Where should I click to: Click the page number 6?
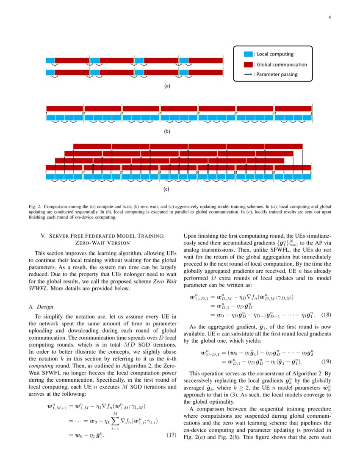click(330, 17)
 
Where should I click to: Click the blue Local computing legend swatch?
click(248, 54)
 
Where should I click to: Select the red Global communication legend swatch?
click(248, 65)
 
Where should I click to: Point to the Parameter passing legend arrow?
click(248, 75)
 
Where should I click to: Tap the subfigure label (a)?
click(167, 86)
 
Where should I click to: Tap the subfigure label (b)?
click(167, 131)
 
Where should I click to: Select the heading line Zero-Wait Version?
click(102, 243)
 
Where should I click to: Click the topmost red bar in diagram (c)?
click(188, 147)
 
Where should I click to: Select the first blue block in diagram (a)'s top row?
click(50, 60)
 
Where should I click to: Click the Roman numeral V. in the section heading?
click(43, 236)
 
